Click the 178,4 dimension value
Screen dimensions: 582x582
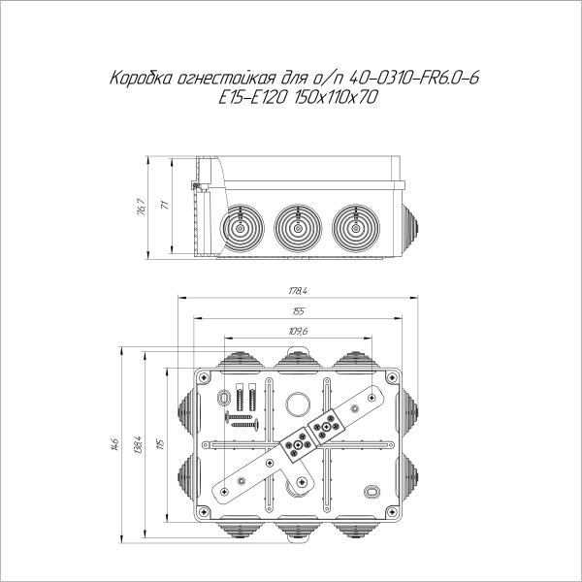(298, 291)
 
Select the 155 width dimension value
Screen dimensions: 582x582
(298, 311)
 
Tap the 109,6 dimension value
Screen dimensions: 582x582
(298, 332)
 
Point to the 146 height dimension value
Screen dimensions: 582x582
(116, 444)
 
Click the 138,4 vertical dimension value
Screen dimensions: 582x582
(138, 444)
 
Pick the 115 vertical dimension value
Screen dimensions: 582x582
(160, 444)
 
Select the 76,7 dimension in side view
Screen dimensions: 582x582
(143, 208)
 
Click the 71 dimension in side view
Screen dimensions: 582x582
(165, 205)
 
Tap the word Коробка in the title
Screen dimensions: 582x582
(141, 79)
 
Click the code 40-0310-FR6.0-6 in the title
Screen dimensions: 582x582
(414, 78)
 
